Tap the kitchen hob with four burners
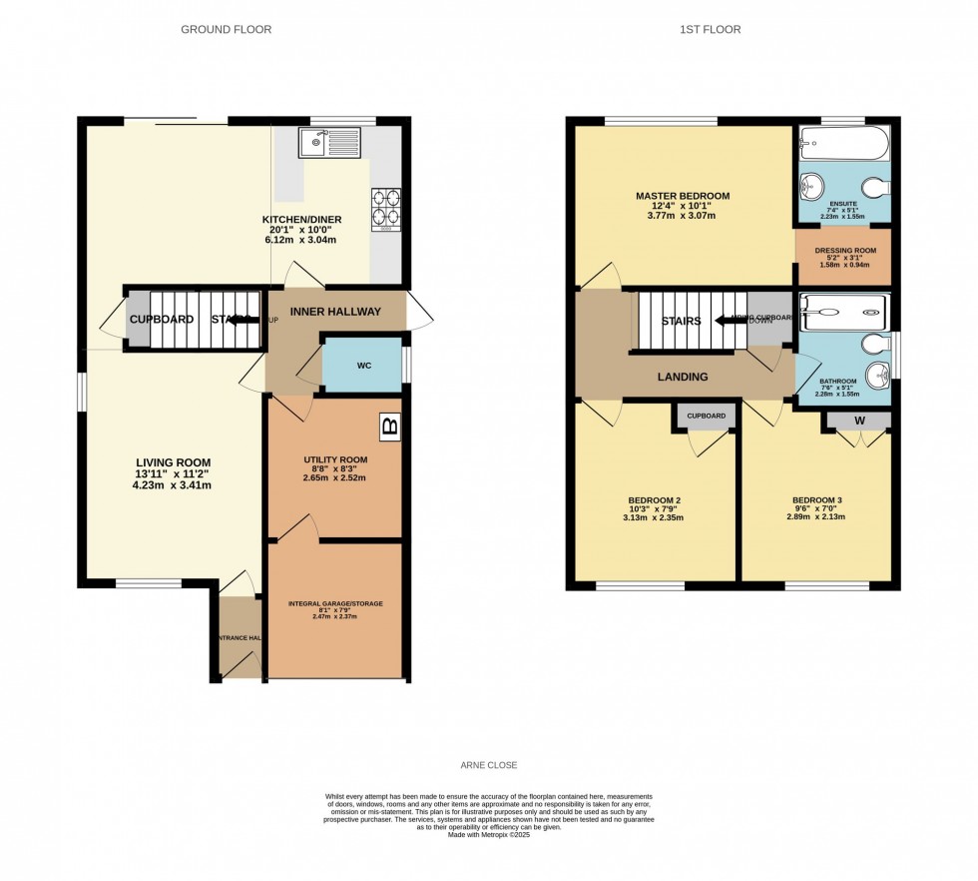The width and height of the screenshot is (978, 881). pos(386,209)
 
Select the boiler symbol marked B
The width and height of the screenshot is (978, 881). pos(390,427)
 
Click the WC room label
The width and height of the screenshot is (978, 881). pos(364,366)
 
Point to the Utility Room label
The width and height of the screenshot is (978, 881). pos(335,459)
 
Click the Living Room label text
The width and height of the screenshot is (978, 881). pos(174,461)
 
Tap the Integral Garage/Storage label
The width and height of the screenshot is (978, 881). pos(335,604)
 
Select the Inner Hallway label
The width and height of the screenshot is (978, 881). pos(335,312)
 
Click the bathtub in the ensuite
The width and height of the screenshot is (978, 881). pos(843,143)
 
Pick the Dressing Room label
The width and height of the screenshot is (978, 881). pos(844,251)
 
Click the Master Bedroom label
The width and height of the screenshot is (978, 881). pos(683,196)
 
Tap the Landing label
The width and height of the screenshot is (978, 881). pos(683,377)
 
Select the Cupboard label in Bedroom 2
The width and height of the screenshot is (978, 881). pos(706,415)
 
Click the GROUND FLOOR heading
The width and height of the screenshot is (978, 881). pos(226,30)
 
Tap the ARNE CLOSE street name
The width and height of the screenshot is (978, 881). pos(488,765)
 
